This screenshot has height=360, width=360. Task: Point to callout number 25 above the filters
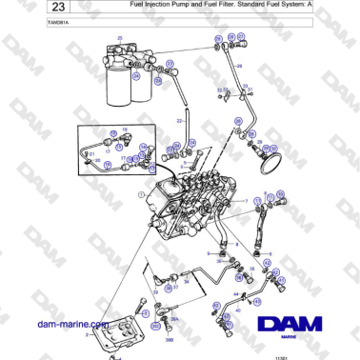[120, 37]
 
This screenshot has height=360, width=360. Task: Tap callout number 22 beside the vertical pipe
[179, 122]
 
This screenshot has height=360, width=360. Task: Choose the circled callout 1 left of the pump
[140, 194]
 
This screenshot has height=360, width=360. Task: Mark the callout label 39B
[169, 338]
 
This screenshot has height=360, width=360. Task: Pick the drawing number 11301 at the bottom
[279, 357]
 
